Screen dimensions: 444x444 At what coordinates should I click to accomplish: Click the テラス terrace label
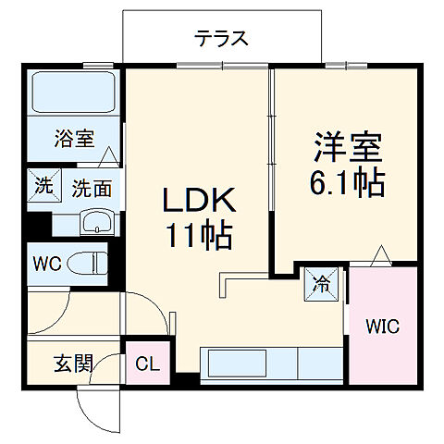coord(222,38)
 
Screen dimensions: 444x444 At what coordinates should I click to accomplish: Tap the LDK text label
coord(200,200)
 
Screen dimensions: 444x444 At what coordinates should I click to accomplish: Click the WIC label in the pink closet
coord(382,327)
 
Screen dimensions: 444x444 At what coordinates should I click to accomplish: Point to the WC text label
coord(48,264)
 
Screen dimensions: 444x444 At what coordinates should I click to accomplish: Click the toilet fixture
coord(95,264)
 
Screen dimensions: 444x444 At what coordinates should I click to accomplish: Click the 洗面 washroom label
coord(92,189)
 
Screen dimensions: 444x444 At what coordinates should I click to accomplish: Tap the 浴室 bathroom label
coord(74,140)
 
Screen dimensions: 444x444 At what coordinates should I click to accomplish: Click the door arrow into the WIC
coord(380,254)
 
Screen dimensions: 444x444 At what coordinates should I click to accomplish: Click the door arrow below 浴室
coord(109,156)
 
